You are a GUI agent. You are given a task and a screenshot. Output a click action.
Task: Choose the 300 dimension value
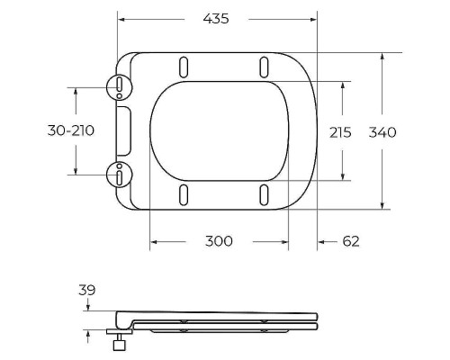[x=219, y=241]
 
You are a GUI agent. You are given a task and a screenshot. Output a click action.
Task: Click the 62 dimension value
[x=351, y=241]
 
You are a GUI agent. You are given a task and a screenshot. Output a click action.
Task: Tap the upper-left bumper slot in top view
[x=184, y=67]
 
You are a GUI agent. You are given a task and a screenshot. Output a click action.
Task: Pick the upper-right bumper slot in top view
[x=265, y=67]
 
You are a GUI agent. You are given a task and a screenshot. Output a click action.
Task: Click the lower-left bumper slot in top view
[x=184, y=193]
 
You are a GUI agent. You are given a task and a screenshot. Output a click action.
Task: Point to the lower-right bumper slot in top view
[x=265, y=193]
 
